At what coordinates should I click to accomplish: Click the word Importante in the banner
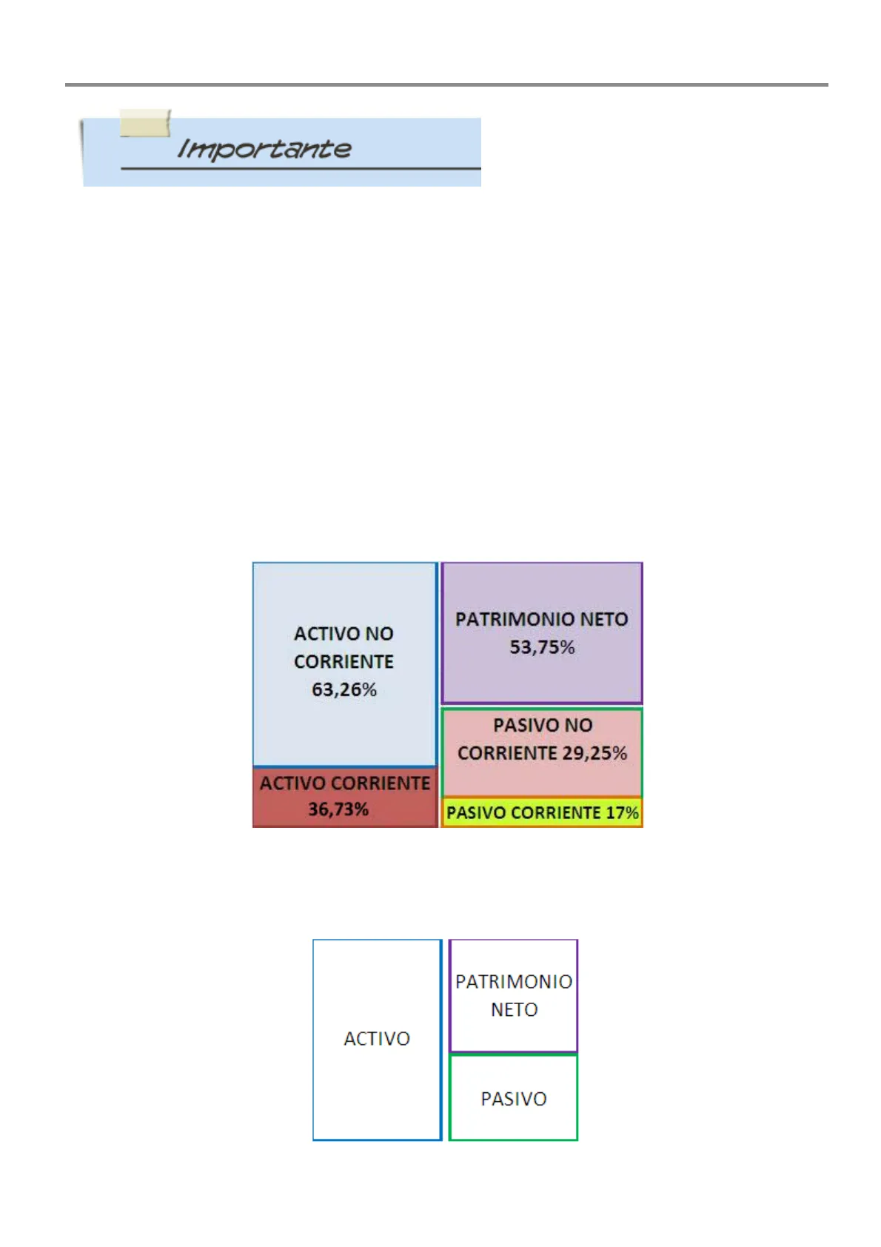(264, 149)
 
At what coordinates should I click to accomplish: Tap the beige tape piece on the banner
(145, 123)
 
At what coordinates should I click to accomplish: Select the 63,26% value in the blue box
(344, 690)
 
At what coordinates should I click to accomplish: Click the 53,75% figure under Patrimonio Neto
(542, 648)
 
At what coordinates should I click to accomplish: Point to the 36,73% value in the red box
(338, 809)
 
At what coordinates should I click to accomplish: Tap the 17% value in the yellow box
(622, 813)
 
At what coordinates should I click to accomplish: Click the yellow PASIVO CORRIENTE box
(542, 813)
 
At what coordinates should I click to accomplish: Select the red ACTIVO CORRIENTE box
(345, 797)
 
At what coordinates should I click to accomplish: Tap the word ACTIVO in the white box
(377, 1039)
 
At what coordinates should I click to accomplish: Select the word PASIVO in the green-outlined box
(514, 1099)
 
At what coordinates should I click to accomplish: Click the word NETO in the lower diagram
(515, 1010)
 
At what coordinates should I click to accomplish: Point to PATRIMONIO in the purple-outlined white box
(514, 982)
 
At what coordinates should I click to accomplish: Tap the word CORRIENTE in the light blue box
(344, 662)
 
